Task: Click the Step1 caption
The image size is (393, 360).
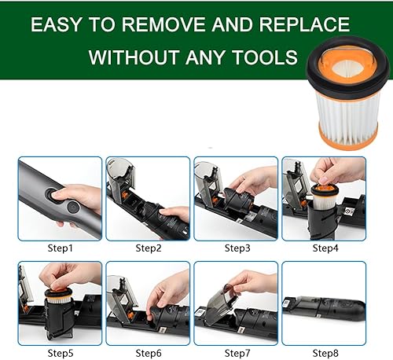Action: (60, 248)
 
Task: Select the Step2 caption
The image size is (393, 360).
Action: (148, 248)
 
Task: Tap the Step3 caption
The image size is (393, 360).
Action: (237, 248)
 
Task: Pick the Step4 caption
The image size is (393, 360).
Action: (325, 248)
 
